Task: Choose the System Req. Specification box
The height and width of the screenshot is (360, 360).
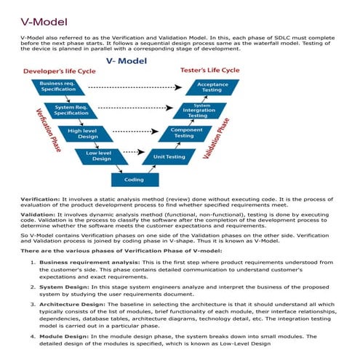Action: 71,111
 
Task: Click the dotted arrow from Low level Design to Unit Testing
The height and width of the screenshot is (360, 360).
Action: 132,153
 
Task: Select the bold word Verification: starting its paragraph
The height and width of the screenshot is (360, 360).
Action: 41,199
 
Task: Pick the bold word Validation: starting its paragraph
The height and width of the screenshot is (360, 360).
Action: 39,217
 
